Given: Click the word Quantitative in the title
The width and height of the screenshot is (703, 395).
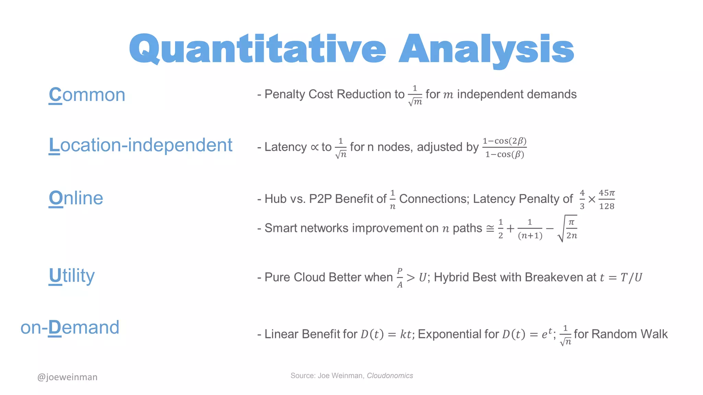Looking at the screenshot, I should (x=257, y=49).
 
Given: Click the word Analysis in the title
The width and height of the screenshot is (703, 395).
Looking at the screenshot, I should (x=486, y=49).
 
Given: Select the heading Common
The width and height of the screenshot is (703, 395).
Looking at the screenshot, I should (x=87, y=95).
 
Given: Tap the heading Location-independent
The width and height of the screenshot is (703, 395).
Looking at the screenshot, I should (x=140, y=145).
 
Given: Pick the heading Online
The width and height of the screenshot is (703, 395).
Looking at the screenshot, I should (x=76, y=198).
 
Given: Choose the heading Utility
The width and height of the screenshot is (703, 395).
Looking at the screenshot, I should (x=71, y=276).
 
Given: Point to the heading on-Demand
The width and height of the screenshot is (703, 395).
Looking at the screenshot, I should (x=70, y=327).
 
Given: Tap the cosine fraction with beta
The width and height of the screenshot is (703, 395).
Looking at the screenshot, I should (x=504, y=147).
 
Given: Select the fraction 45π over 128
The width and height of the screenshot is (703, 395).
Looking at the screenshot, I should (x=607, y=199).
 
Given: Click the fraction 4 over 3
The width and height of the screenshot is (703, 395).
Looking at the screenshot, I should (x=582, y=199).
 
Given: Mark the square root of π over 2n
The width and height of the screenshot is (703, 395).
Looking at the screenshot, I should (x=568, y=229).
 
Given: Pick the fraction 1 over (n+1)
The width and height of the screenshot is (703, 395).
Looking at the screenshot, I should (x=530, y=229).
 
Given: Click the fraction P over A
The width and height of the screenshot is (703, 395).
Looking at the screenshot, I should (x=400, y=278).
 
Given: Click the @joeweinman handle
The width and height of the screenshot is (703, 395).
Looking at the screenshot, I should (x=67, y=377).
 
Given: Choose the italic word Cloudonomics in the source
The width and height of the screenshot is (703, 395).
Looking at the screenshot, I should (x=390, y=376).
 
